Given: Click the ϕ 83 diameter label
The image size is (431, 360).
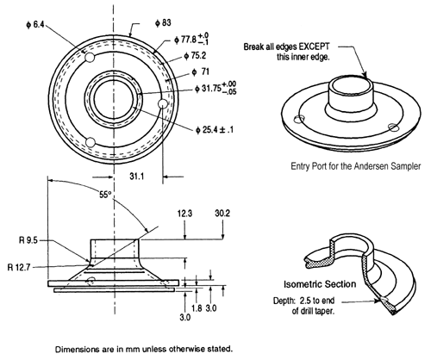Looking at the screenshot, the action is (163, 23).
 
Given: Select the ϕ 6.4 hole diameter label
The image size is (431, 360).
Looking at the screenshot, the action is (35, 25).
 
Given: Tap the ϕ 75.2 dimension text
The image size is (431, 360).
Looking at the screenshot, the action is (196, 56).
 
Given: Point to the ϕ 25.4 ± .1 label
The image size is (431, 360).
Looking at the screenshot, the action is (215, 130).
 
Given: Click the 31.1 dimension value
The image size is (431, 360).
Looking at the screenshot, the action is (136, 177).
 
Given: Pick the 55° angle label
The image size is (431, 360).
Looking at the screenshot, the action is (105, 195).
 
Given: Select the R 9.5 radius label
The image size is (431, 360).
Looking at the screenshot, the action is (28, 240).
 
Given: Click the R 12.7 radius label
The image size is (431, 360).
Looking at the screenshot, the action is (19, 268).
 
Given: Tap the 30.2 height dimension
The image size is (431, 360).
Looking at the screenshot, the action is (222, 214).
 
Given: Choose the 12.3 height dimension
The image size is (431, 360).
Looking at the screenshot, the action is (184, 214).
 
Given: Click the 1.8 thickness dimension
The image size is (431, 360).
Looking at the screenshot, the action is (197, 308).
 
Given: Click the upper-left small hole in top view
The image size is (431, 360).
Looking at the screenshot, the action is (90, 58).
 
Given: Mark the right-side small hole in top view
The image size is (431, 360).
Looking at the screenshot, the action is (163, 103).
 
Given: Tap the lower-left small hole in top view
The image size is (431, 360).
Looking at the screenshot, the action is (91, 142).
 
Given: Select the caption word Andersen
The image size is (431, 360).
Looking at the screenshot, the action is (372, 166).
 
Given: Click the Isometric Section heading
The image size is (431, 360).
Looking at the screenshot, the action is (320, 284).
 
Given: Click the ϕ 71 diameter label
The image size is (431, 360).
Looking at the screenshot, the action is (201, 71).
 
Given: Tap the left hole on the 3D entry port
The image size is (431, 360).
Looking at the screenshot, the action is (299, 119).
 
